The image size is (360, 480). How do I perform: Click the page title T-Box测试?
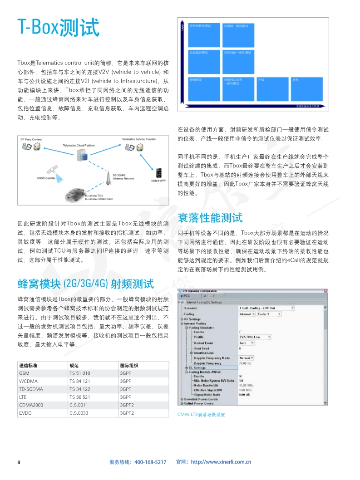pyautogui.click(x=58, y=28)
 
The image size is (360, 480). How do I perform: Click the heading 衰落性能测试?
pyautogui.click(x=210, y=218)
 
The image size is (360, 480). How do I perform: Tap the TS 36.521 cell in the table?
pyautogui.click(x=80, y=397)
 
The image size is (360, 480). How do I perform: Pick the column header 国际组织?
pyautogui.click(x=129, y=366)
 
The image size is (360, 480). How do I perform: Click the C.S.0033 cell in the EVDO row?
pyautogui.click(x=79, y=413)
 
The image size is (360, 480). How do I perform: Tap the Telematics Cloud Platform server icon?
pyautogui.click(x=83, y=156)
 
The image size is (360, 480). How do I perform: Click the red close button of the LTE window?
pyautogui.click(x=325, y=291)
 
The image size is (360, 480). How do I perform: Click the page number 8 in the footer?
pyautogui.click(x=19, y=462)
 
